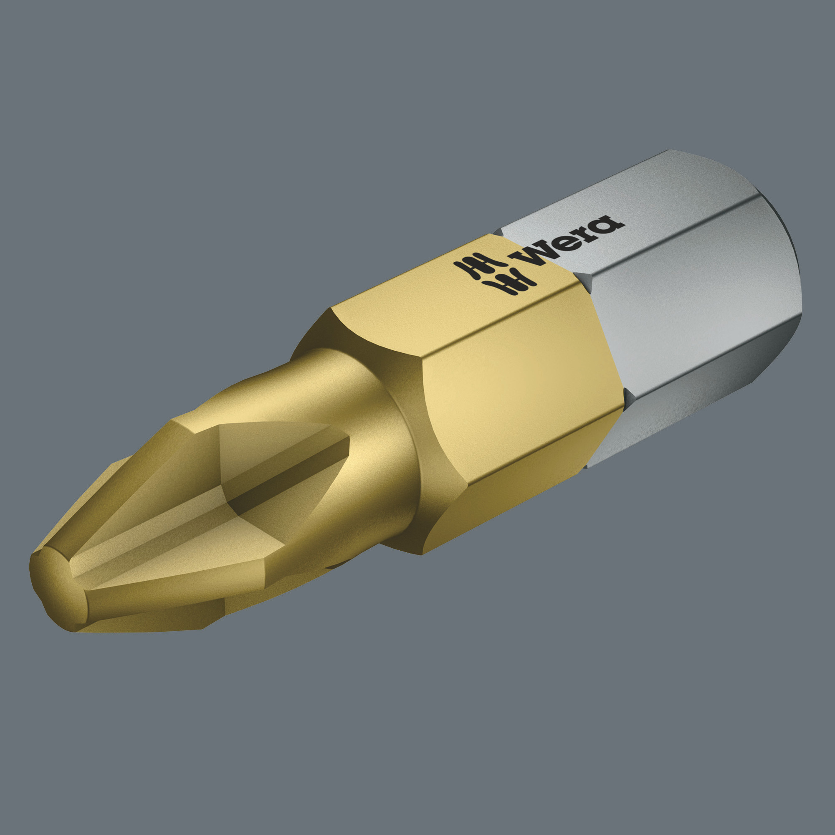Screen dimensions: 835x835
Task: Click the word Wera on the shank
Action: pyautogui.click(x=566, y=240)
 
